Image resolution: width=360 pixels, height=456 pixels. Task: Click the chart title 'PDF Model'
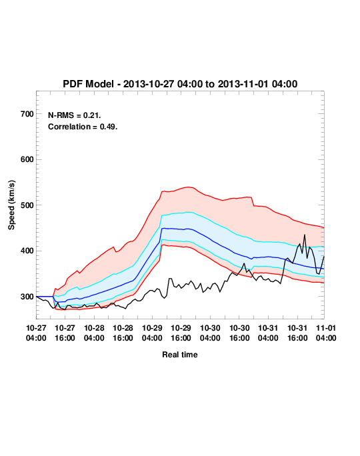pyautogui.click(x=88, y=84)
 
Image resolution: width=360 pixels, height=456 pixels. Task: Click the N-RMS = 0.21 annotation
pyautogui.click(x=74, y=115)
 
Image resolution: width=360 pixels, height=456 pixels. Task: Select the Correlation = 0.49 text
pyautogui.click(x=83, y=127)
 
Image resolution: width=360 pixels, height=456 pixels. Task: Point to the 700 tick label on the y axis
pyautogui.click(x=27, y=114)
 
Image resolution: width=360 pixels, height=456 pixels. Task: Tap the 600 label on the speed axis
pyautogui.click(x=27, y=159)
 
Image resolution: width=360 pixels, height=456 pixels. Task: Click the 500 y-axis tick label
pyautogui.click(x=27, y=205)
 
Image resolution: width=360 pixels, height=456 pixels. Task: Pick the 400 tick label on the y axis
pyautogui.click(x=27, y=251)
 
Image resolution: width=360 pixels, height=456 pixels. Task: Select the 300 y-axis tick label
pyautogui.click(x=27, y=297)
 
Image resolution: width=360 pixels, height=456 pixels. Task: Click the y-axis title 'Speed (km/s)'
pyautogui.click(x=11, y=205)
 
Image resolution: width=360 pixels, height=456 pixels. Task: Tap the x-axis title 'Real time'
pyautogui.click(x=180, y=355)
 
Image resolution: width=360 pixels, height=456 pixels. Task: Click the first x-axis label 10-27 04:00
pyautogui.click(x=36, y=333)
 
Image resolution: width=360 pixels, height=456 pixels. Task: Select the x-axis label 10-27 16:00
pyautogui.click(x=65, y=333)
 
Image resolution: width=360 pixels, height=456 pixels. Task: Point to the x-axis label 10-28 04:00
pyautogui.click(x=94, y=333)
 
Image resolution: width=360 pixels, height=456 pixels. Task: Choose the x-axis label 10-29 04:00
pyautogui.click(x=152, y=333)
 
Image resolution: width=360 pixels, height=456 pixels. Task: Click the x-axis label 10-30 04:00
pyautogui.click(x=210, y=333)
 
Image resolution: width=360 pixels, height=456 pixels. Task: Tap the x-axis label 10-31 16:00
pyautogui.click(x=297, y=333)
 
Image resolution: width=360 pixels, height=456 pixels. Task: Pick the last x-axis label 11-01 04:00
pyautogui.click(x=326, y=333)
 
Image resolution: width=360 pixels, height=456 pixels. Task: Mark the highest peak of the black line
pyautogui.click(x=305, y=235)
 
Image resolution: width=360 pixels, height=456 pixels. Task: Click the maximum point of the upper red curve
pyautogui.click(x=188, y=187)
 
